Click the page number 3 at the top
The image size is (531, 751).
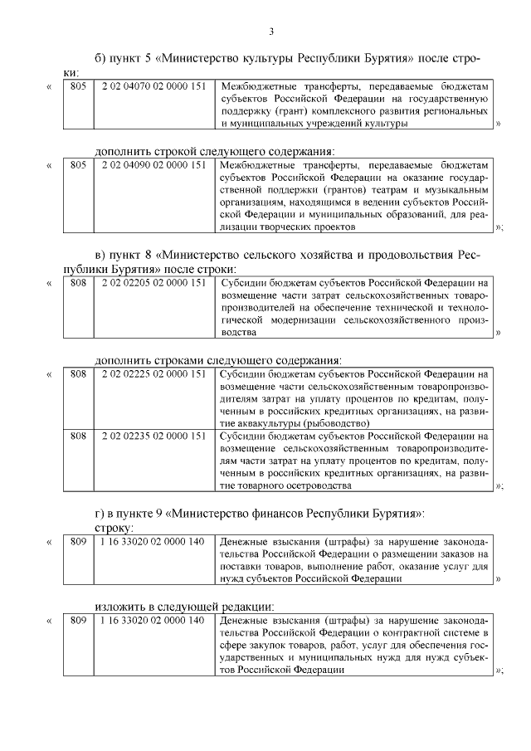click(x=270, y=32)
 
